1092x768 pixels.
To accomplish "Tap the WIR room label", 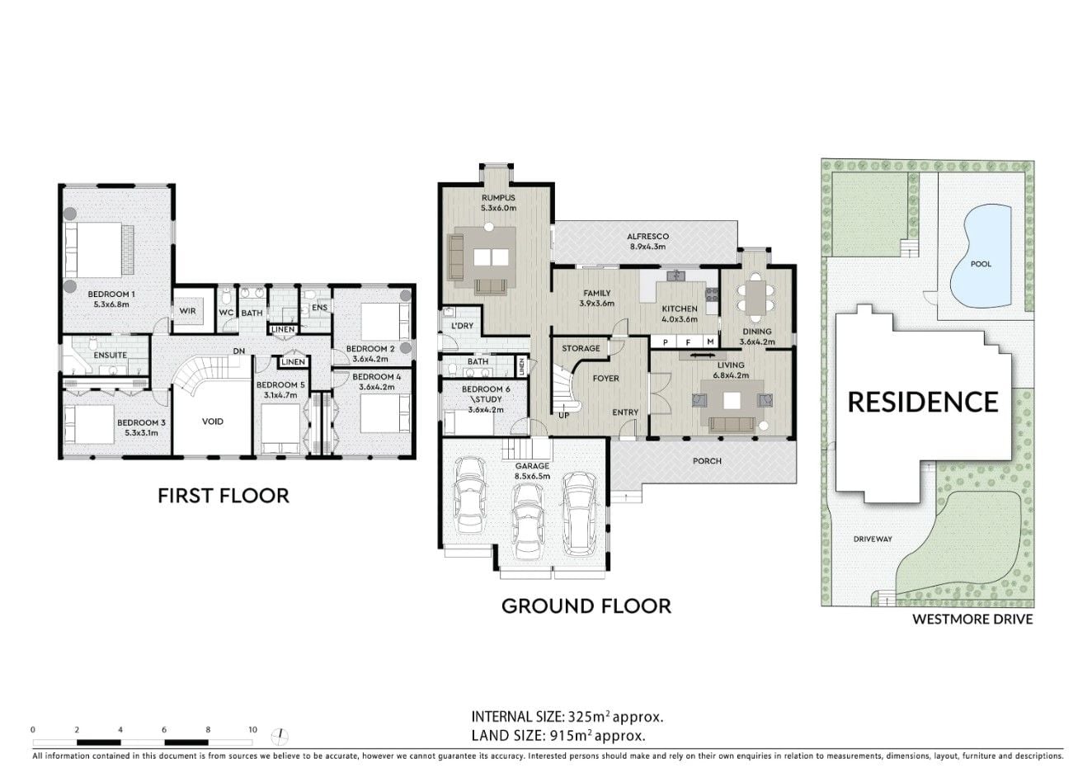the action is [x=188, y=311].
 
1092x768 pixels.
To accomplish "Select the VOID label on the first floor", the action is [x=213, y=422].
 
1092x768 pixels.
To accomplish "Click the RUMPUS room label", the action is [x=498, y=198].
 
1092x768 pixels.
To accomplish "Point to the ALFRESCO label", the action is [x=648, y=237].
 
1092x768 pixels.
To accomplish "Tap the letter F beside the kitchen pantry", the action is [x=688, y=342].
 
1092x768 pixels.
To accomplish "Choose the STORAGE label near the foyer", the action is [x=581, y=348].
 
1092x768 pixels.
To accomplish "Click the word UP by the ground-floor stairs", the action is [x=563, y=416].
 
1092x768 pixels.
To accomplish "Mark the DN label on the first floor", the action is [x=239, y=351].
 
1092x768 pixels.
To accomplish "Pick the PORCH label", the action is [x=707, y=461].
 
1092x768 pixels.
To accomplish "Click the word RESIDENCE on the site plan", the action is [x=923, y=403].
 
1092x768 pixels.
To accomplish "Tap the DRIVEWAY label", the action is [x=873, y=539].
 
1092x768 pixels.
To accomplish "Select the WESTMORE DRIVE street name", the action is [x=972, y=620].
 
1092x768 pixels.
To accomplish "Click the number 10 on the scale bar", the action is [x=252, y=730].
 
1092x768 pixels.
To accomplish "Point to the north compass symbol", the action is [x=280, y=737].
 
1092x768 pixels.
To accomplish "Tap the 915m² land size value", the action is [x=571, y=735].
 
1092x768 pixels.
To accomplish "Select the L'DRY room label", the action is [x=462, y=325].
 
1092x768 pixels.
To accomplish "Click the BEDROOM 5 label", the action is [x=280, y=384].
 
